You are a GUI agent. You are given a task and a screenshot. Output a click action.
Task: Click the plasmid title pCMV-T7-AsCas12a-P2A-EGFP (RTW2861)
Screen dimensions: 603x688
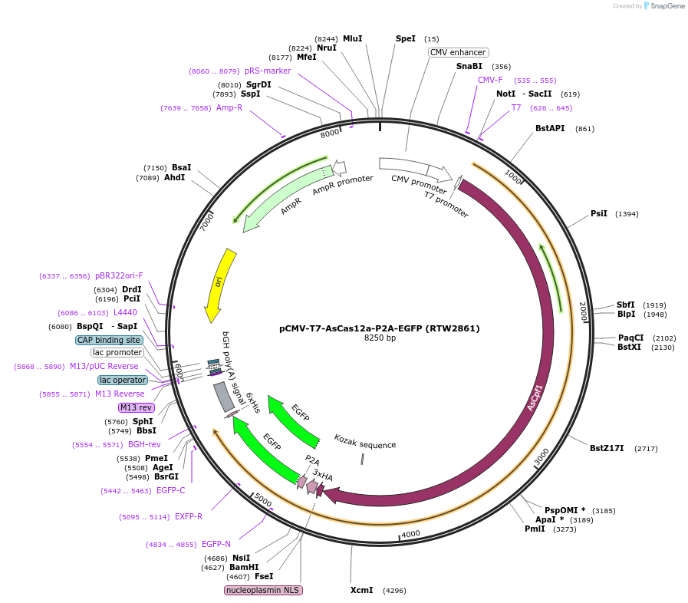(379, 328)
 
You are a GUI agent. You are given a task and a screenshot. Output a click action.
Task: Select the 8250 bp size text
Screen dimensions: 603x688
(379, 338)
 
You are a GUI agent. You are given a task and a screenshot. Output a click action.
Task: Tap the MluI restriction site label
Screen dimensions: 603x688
(353, 38)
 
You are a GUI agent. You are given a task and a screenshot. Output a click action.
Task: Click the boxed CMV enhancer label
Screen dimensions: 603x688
(458, 52)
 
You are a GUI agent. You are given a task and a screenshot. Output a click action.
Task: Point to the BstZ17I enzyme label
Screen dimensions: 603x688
(607, 448)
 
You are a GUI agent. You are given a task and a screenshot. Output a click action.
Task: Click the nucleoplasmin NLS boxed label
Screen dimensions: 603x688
(263, 590)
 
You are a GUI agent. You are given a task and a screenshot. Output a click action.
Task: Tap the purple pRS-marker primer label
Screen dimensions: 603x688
(268, 71)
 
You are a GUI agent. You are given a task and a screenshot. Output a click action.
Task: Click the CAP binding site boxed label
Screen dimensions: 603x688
(109, 340)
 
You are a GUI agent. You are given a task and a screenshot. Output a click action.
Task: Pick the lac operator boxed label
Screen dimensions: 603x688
(123, 380)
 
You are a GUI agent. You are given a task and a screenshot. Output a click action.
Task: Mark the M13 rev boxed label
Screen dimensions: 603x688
(136, 407)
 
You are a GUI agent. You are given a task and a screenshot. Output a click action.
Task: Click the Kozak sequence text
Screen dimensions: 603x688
(365, 444)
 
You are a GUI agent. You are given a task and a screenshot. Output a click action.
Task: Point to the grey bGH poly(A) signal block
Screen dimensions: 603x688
(224, 396)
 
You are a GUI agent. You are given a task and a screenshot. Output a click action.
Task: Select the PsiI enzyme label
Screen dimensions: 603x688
(598, 213)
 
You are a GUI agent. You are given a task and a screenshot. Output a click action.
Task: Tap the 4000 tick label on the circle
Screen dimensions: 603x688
(411, 534)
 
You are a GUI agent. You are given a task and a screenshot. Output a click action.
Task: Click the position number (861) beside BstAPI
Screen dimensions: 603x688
(584, 128)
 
